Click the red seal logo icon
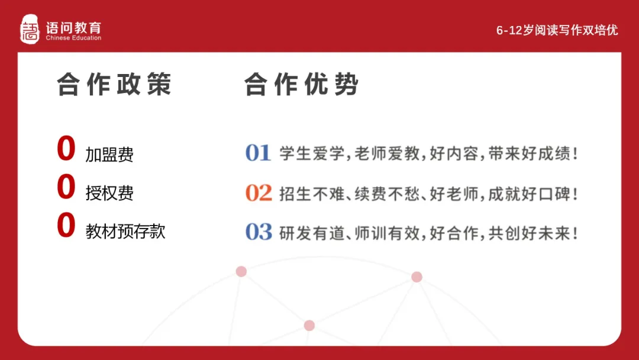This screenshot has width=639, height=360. (30, 30)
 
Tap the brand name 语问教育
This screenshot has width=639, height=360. (73, 27)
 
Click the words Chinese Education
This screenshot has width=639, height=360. (73, 38)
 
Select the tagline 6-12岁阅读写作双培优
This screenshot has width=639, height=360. (557, 30)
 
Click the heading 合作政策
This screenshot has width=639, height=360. (114, 85)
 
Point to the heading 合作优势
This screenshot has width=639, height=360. (301, 85)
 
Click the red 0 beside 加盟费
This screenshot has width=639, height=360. (66, 149)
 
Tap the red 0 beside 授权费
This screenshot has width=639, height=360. (66, 188)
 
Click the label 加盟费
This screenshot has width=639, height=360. (109, 155)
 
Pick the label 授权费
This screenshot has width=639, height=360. (109, 193)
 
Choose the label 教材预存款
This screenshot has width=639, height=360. (125, 231)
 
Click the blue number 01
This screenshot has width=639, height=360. (258, 153)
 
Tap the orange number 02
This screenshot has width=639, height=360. (259, 193)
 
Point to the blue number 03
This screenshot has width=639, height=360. (259, 232)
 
